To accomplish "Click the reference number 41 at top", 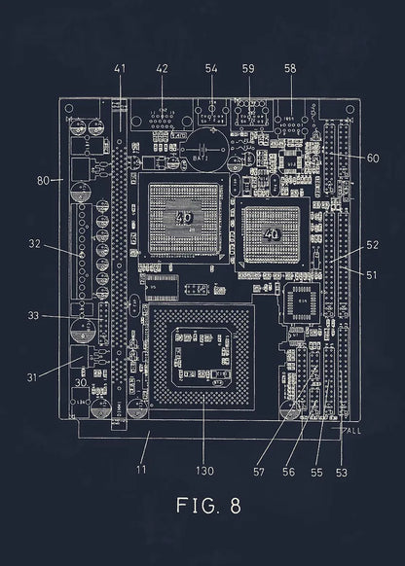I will click(x=121, y=69).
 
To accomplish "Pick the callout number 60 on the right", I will click(x=347, y=158).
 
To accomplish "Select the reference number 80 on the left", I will click(x=43, y=180).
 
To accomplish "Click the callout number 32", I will click(x=34, y=243).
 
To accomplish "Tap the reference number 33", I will click(x=34, y=315).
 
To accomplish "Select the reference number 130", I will click(x=203, y=472).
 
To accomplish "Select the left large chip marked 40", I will click(x=184, y=221).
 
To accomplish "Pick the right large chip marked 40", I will click(x=271, y=233).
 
